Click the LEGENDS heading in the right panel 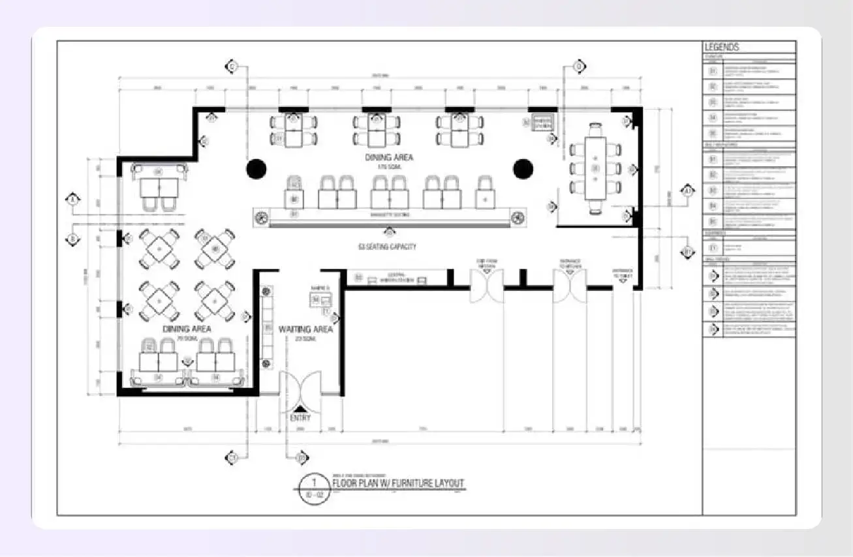[x=722, y=47]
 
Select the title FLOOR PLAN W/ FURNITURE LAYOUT [x=398, y=483]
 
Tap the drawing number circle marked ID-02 [x=314, y=489]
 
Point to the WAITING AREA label [x=305, y=329]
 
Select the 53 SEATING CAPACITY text [x=387, y=247]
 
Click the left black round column [x=256, y=168]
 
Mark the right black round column [x=523, y=168]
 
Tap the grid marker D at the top [x=578, y=66]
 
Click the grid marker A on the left [x=72, y=199]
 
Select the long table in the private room [x=595, y=168]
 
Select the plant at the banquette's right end [x=518, y=217]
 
